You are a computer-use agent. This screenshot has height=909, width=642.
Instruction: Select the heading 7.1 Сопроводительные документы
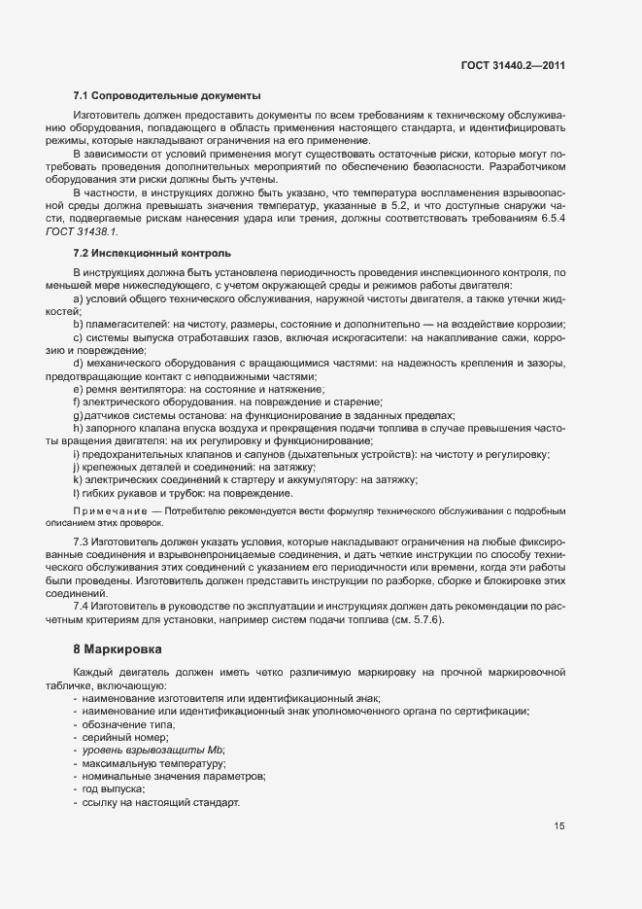pos(166,96)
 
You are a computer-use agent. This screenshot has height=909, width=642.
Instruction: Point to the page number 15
pos(559,826)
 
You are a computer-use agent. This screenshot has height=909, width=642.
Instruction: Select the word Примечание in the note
pos(107,510)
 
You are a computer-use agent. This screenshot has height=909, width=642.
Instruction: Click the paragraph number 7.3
pos(82,541)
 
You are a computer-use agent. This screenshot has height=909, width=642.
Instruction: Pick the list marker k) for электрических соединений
pos(77,479)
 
